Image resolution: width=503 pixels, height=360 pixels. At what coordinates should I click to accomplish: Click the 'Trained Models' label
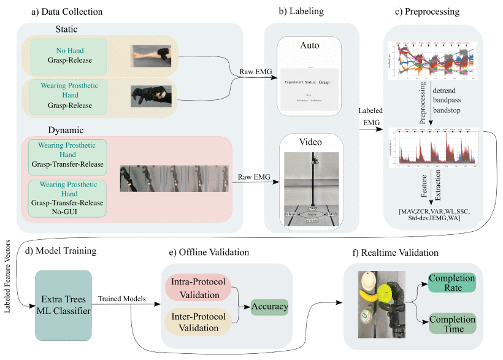point(123,299)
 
